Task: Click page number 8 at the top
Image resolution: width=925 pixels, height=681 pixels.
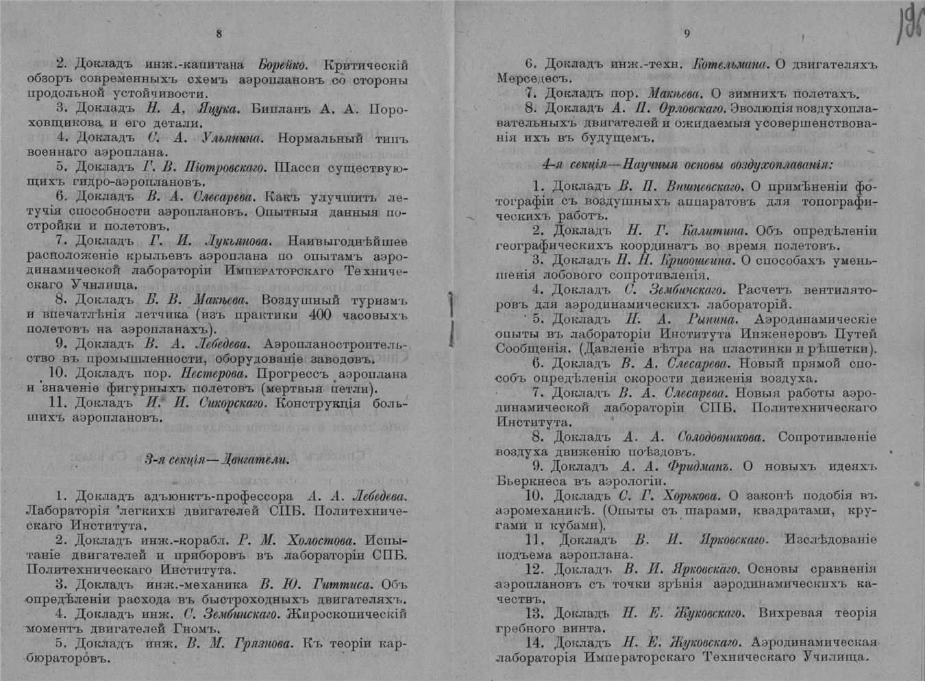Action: click(x=219, y=34)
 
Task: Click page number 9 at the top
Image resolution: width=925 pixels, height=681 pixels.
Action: click(x=687, y=34)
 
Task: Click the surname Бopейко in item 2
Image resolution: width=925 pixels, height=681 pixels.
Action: click(x=282, y=65)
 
